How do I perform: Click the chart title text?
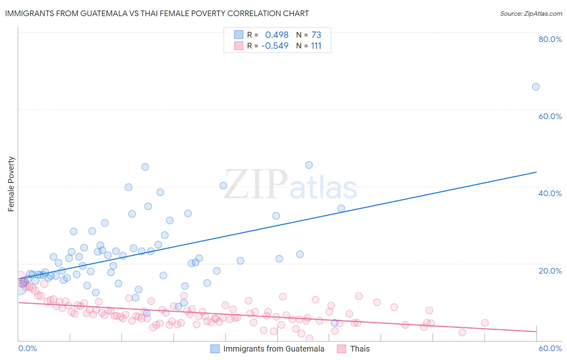click(x=157, y=13)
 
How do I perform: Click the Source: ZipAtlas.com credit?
click(x=531, y=13)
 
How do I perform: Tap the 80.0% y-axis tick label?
click(x=550, y=39)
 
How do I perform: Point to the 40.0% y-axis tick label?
click(x=550, y=193)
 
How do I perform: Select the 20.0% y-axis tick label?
click(x=550, y=271)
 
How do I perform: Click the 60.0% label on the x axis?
click(x=550, y=348)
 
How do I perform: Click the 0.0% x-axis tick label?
click(x=27, y=348)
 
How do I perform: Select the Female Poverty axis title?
click(x=11, y=184)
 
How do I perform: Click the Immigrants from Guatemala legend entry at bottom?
click(x=273, y=349)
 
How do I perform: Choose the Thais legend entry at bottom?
click(x=360, y=349)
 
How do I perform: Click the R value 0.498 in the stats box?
click(x=277, y=35)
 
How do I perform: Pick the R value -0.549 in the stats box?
click(x=275, y=46)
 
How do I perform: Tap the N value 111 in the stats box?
click(x=316, y=46)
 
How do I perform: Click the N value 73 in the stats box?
click(x=316, y=35)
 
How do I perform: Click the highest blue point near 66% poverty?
click(x=536, y=87)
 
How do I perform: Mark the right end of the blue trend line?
click(x=536, y=172)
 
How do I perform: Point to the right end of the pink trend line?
click(x=536, y=331)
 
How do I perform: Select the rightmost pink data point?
click(x=485, y=323)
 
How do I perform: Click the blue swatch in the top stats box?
click(x=239, y=35)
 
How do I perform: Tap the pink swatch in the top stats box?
click(x=239, y=46)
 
